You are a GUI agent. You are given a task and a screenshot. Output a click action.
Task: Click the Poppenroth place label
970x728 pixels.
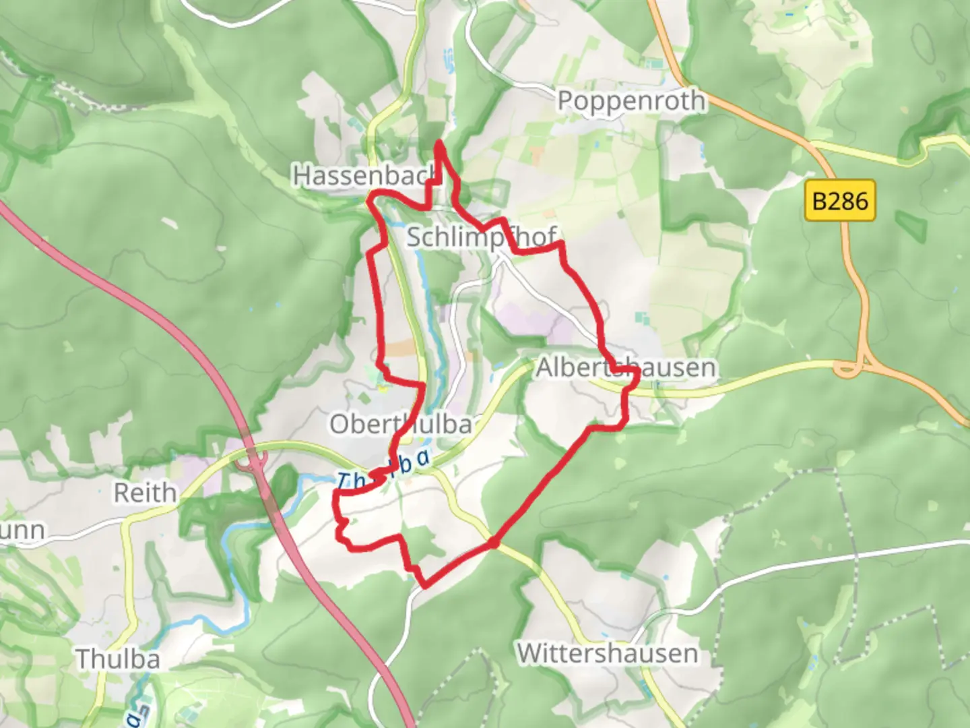click(631, 101)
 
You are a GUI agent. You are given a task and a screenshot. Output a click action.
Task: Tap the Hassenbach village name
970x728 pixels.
click(364, 175)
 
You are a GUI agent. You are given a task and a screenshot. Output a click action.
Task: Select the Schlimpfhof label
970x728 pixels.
click(481, 237)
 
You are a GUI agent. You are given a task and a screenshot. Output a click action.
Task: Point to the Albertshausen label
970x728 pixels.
click(626, 368)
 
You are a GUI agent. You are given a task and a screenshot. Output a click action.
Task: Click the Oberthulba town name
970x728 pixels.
click(400, 425)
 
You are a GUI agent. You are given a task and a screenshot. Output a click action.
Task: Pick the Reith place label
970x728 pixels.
click(145, 493)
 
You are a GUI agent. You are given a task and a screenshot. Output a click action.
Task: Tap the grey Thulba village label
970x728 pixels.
click(118, 659)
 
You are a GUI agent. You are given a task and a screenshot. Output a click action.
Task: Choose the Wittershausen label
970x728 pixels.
click(607, 653)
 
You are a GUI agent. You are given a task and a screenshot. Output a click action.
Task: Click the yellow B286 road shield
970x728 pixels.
click(840, 201)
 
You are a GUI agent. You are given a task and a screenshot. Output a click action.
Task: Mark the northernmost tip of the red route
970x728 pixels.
click(439, 143)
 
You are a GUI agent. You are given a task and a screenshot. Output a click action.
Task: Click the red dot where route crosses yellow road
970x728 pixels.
click(494, 542)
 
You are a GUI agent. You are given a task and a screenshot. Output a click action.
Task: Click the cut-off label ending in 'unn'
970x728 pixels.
click(22, 530)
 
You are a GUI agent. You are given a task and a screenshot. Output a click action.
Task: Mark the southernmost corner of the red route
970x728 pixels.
click(422, 585)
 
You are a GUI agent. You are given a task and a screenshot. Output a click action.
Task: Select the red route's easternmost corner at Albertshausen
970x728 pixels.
click(637, 380)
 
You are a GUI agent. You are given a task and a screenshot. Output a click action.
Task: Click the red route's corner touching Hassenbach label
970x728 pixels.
click(370, 198)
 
